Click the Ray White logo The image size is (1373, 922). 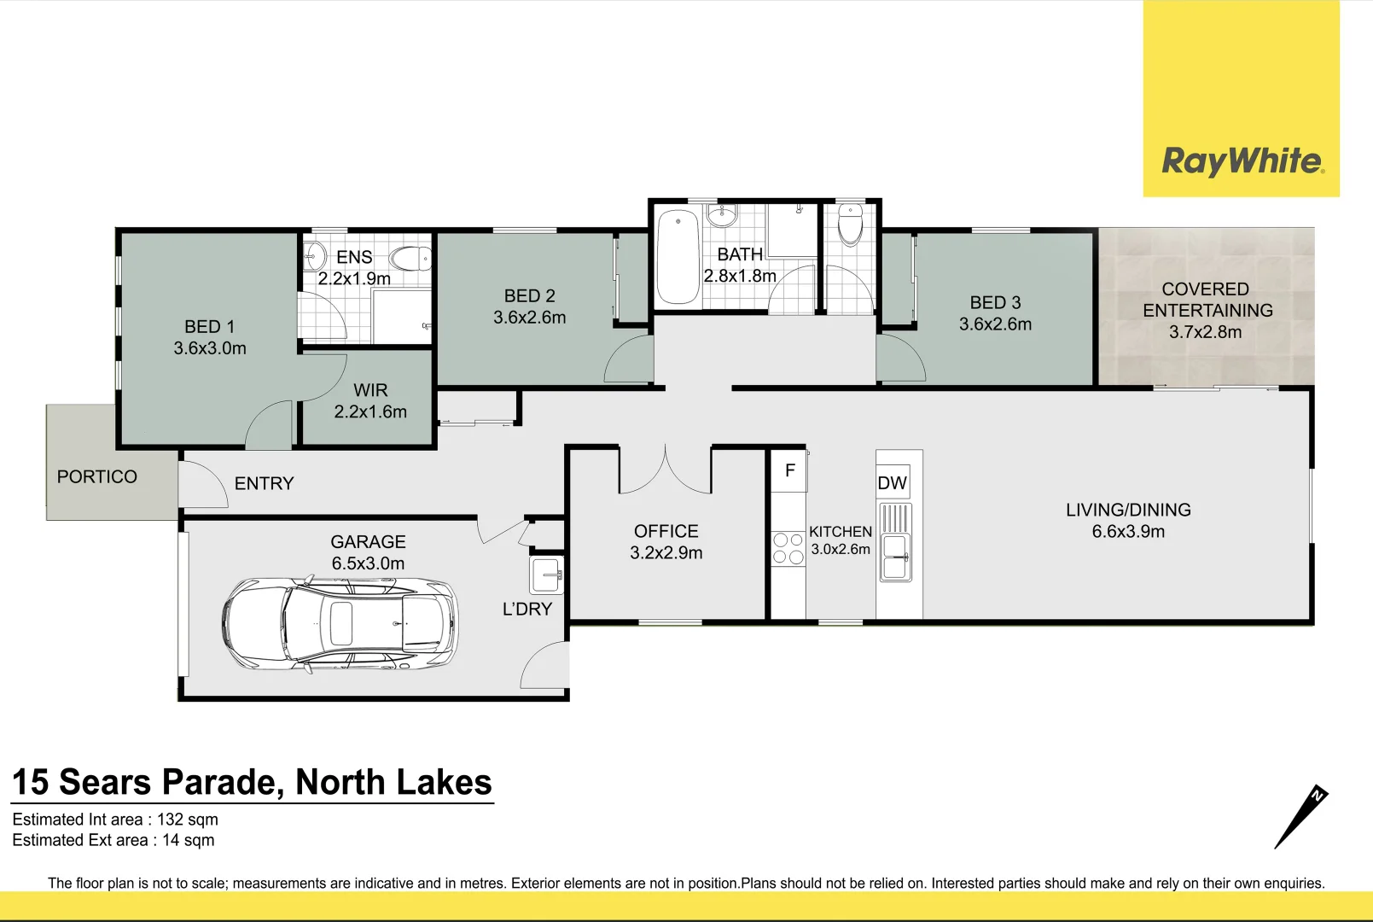1242,160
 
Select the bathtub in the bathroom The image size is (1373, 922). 678,256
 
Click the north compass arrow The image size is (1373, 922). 1300,817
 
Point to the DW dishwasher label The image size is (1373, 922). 892,483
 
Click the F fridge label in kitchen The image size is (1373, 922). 790,470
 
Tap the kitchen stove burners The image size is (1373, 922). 788,548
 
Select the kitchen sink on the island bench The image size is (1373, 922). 896,556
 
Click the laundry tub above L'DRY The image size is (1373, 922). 546,575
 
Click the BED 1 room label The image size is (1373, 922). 209,327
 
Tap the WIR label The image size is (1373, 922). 370,390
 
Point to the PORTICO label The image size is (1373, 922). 97,476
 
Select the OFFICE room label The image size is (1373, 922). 666,531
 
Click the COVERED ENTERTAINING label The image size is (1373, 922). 1207,300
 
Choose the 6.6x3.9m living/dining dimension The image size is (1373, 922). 1128,531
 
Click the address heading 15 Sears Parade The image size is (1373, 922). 253,782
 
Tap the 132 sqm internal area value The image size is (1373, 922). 188,820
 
